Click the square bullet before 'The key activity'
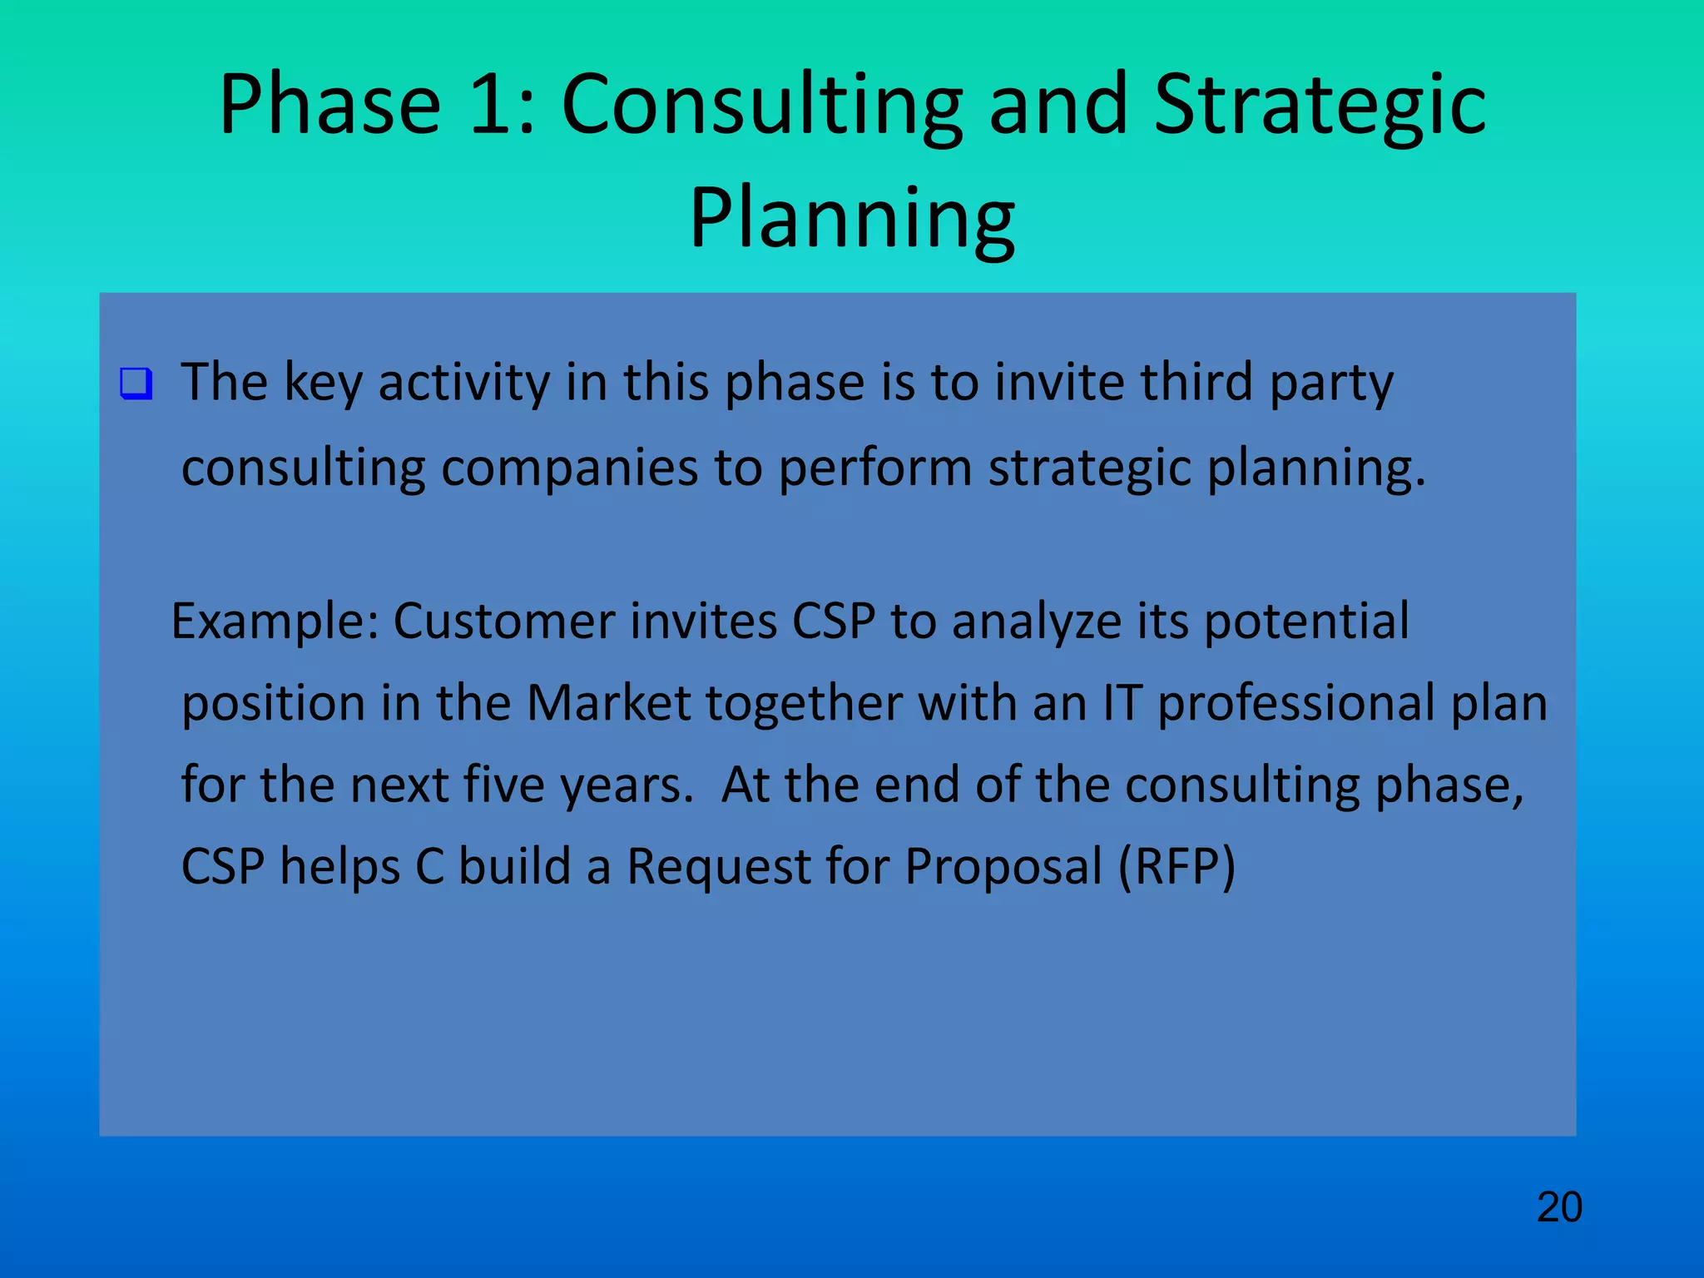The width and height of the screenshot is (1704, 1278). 136,384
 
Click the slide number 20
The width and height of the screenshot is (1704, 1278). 1559,1207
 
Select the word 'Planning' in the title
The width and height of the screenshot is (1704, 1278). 852,218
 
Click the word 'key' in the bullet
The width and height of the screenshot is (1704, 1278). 323,384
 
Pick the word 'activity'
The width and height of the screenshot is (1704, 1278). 463,384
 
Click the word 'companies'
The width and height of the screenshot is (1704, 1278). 569,468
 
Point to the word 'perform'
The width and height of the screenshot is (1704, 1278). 875,468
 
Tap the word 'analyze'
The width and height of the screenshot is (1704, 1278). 1037,622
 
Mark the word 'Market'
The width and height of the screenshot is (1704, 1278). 608,703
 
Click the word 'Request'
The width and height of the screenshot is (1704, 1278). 718,866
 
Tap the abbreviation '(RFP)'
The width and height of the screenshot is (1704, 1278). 1176,866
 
